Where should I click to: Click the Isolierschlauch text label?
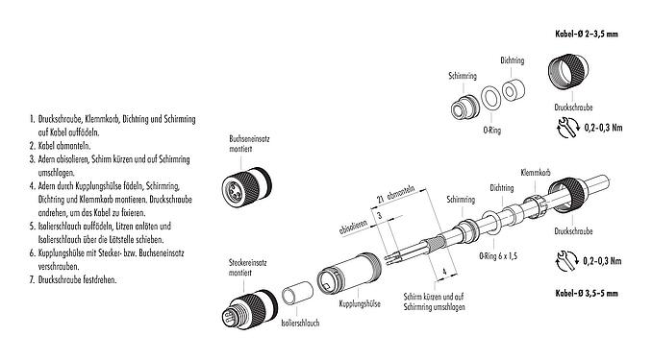coord(300,323)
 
